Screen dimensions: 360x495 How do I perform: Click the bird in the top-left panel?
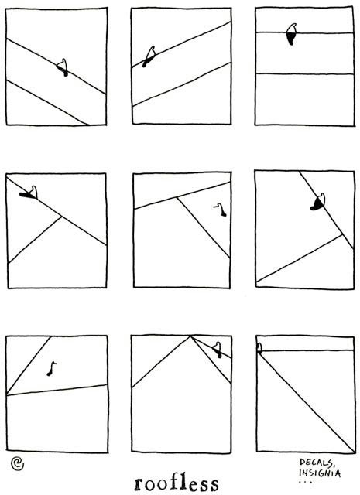(63, 67)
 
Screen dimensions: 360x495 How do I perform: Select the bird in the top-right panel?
(292, 34)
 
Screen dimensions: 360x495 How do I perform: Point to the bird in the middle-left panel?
(29, 193)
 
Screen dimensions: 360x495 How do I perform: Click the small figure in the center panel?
(221, 210)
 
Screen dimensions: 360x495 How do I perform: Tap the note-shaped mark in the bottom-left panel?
(52, 369)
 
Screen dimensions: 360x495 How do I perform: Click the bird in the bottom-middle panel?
(218, 350)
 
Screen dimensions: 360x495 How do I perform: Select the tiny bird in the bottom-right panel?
(259, 347)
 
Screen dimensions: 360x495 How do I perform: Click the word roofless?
(177, 483)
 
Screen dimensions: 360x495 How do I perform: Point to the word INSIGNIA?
(320, 473)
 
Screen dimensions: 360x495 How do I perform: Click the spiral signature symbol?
(17, 463)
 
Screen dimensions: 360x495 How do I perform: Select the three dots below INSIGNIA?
(305, 482)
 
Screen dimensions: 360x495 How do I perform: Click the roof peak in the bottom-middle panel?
(190, 336)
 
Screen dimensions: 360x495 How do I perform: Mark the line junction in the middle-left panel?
(61, 217)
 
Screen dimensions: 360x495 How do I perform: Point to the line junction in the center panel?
(177, 198)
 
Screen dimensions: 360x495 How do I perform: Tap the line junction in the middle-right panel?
(342, 234)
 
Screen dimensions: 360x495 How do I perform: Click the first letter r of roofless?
(139, 485)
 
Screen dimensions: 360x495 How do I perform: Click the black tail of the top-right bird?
(291, 39)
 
